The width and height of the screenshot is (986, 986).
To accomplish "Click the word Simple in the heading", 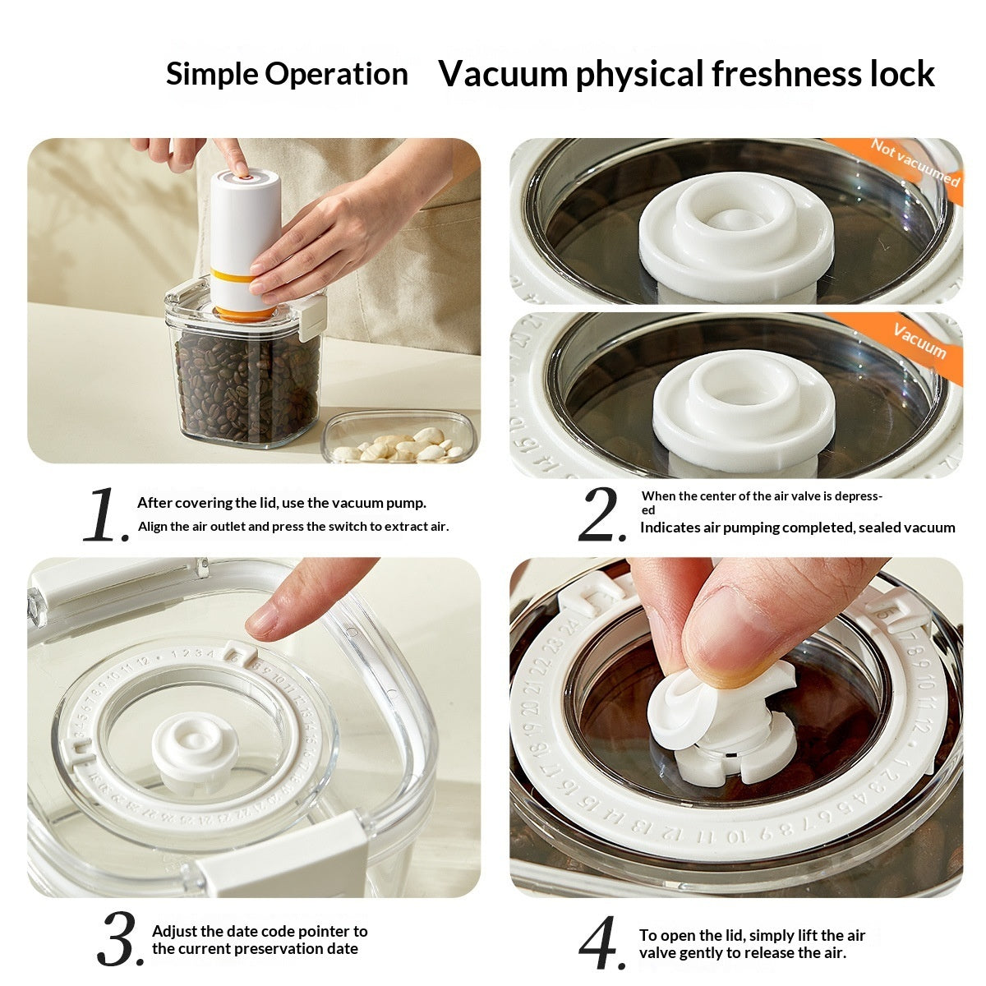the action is tap(212, 74).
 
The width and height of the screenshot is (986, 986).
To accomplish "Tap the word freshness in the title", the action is tap(787, 74).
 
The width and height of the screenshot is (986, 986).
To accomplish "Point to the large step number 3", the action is tap(120, 939).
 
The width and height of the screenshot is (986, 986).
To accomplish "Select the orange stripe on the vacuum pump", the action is tap(233, 276).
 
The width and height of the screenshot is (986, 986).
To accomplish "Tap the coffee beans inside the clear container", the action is tap(246, 386).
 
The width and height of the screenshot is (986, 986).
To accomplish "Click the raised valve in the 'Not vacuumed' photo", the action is tap(735, 230).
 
